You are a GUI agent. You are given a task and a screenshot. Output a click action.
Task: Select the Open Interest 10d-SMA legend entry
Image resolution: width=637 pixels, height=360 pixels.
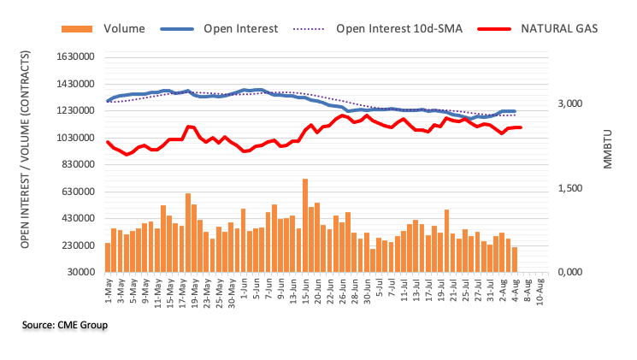click(398, 28)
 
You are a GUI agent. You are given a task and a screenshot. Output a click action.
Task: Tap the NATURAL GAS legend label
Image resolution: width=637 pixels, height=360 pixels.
click(558, 28)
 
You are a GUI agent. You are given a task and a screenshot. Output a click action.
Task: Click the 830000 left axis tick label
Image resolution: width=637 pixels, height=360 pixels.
click(75, 165)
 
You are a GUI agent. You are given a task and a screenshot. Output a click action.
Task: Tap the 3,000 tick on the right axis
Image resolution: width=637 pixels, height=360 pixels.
click(570, 104)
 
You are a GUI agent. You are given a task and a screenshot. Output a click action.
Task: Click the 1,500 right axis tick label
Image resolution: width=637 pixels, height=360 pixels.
click(570, 188)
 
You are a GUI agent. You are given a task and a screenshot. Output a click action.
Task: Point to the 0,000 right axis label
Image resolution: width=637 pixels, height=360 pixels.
click(570, 272)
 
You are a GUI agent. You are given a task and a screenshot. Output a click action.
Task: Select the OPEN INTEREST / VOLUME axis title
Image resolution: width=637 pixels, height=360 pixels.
click(27, 165)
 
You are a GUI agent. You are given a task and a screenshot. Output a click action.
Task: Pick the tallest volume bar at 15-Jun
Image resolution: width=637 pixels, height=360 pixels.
click(305, 226)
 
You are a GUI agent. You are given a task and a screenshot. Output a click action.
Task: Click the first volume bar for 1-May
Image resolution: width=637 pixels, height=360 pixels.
click(108, 257)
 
